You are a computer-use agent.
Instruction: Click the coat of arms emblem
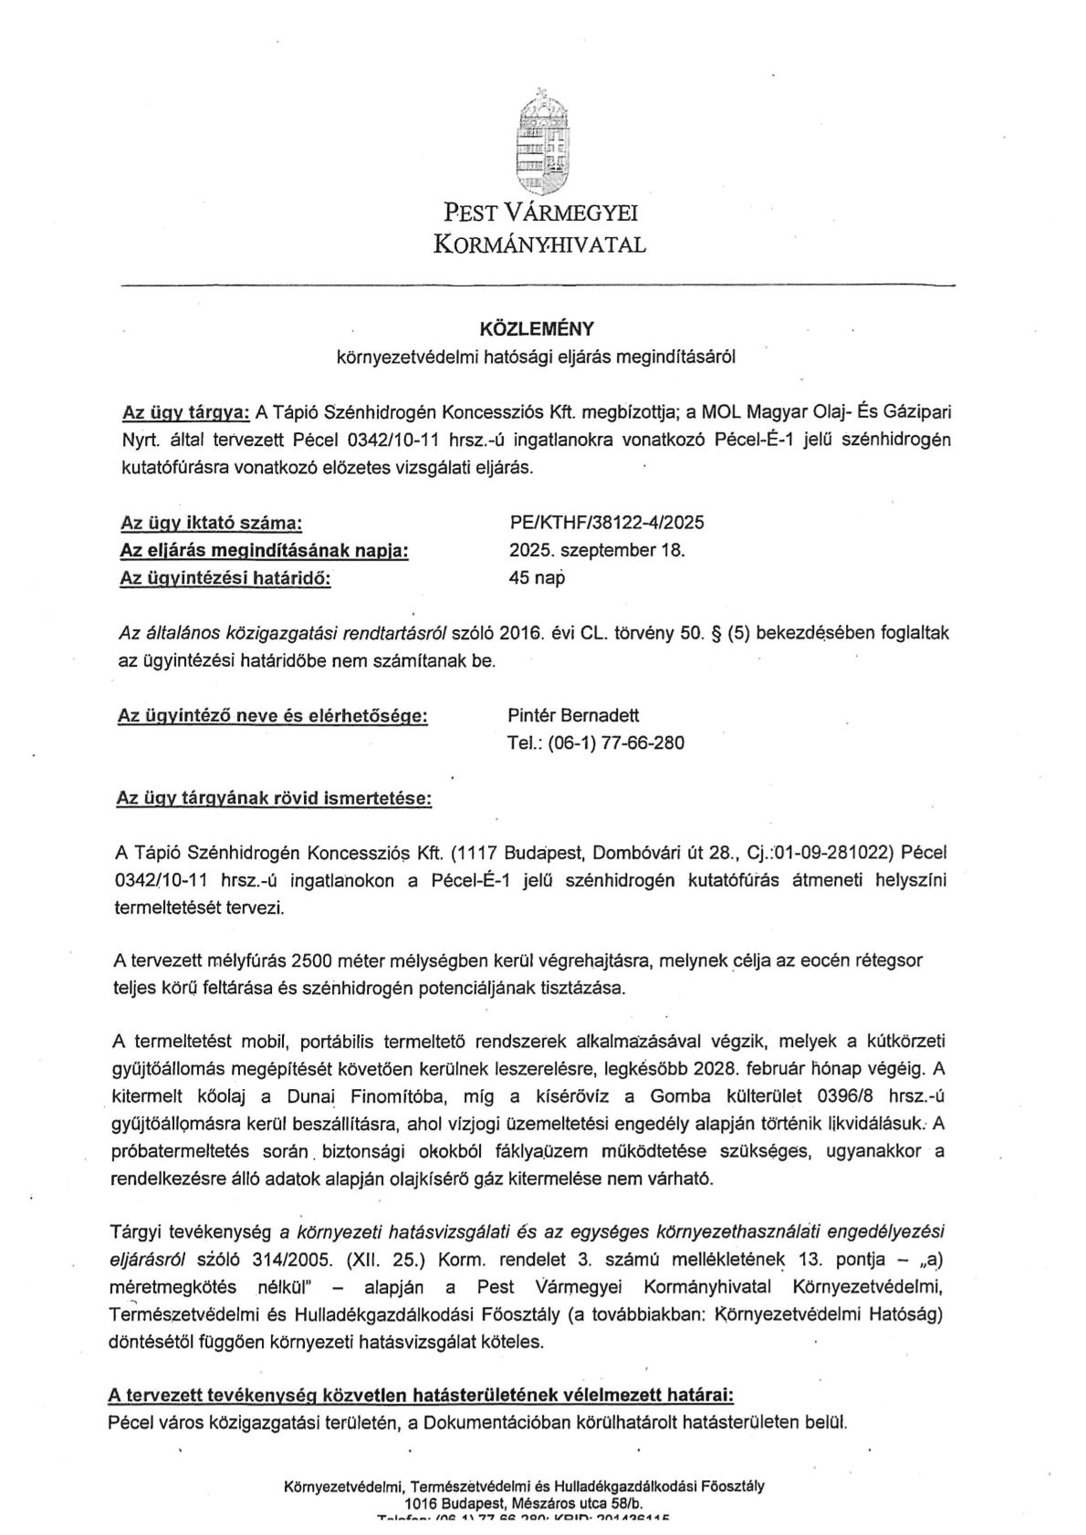click(x=541, y=141)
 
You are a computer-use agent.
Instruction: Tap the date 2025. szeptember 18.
click(x=597, y=550)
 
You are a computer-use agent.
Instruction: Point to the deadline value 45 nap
click(x=537, y=577)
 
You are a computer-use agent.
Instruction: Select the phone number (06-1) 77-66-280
click(x=614, y=742)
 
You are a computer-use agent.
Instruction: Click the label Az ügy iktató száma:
click(x=211, y=524)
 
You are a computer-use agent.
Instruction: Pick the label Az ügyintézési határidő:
click(x=225, y=578)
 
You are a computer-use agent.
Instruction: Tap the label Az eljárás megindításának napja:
click(x=264, y=551)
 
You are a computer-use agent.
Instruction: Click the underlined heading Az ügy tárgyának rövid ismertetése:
click(x=274, y=798)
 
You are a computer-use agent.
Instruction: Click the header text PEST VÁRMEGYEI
click(x=540, y=213)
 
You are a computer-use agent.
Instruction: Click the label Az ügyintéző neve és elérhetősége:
click(x=273, y=716)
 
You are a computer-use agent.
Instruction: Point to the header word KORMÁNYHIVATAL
click(x=540, y=244)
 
